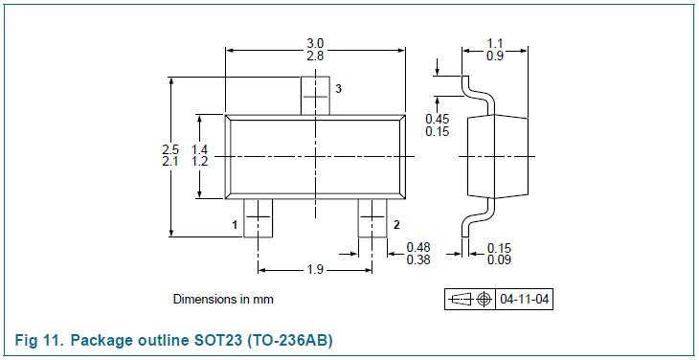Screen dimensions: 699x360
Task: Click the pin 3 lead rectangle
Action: (315, 96)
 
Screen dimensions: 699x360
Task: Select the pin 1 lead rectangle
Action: (259, 218)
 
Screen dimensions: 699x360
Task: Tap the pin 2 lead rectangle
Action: (372, 218)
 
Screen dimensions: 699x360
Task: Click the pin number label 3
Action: (338, 89)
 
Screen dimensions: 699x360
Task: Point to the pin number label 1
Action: (235, 225)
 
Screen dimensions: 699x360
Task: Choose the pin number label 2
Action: (396, 225)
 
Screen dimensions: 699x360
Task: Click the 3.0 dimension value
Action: (315, 44)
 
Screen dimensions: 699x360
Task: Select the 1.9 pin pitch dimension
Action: (315, 270)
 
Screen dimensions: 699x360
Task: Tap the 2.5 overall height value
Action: (170, 149)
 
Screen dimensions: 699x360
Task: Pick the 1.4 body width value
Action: (200, 149)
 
